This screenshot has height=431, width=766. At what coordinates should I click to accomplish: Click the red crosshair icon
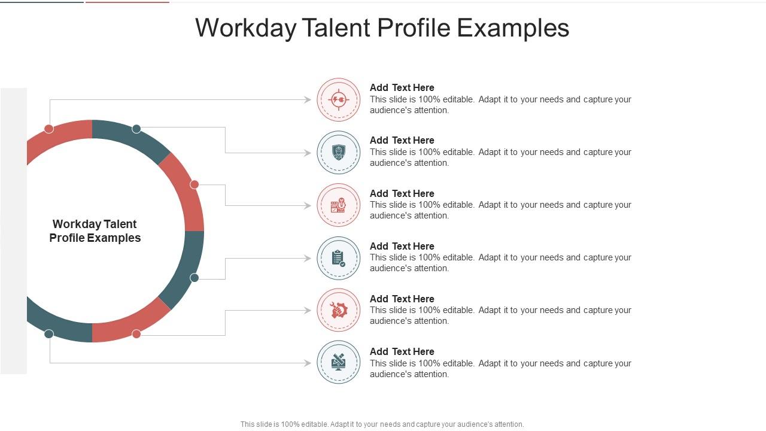tap(339, 100)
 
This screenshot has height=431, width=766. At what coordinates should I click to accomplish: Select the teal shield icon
tap(339, 153)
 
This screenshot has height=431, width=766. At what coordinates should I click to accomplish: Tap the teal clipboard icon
tap(339, 258)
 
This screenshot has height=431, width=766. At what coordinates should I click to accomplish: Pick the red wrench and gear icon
tap(339, 310)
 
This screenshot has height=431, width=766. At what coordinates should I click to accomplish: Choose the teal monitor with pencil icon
tap(339, 362)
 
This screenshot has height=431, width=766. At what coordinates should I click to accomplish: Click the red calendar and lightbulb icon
tap(339, 205)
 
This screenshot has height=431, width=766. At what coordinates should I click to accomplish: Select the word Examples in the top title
tap(513, 28)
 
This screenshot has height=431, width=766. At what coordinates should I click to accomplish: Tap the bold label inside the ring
tap(95, 231)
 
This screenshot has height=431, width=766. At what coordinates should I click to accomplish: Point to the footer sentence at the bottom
tap(382, 424)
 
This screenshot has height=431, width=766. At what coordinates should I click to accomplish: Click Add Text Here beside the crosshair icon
tap(402, 87)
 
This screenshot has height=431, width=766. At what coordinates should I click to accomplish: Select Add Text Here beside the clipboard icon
tap(402, 246)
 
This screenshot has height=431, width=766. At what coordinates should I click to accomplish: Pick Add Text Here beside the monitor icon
tap(402, 351)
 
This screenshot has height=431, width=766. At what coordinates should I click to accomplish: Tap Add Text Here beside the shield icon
tap(402, 140)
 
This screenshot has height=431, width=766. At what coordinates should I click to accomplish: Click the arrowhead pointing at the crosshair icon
tap(308, 100)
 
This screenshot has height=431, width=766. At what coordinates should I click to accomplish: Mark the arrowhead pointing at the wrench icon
tap(308, 310)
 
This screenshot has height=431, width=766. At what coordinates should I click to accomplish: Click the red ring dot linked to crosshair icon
tap(49, 129)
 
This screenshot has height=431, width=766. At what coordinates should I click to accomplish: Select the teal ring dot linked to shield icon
tap(136, 129)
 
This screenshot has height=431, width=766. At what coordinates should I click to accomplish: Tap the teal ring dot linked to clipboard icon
tap(194, 278)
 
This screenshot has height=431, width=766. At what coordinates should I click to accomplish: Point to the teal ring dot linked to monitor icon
tap(49, 334)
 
